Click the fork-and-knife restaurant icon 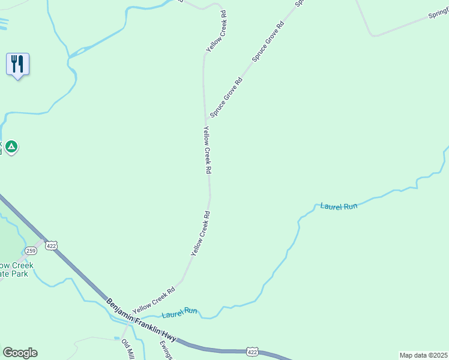pos(17,64)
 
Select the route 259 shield pos(31,250)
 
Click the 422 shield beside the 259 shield pos(52,245)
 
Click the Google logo pos(20,353)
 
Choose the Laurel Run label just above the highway pos(179,311)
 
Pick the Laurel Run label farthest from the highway pos(339,206)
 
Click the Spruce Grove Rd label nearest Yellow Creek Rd pos(226,98)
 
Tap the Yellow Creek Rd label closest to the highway pos(154,298)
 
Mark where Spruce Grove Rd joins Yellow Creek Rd pos(206,119)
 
